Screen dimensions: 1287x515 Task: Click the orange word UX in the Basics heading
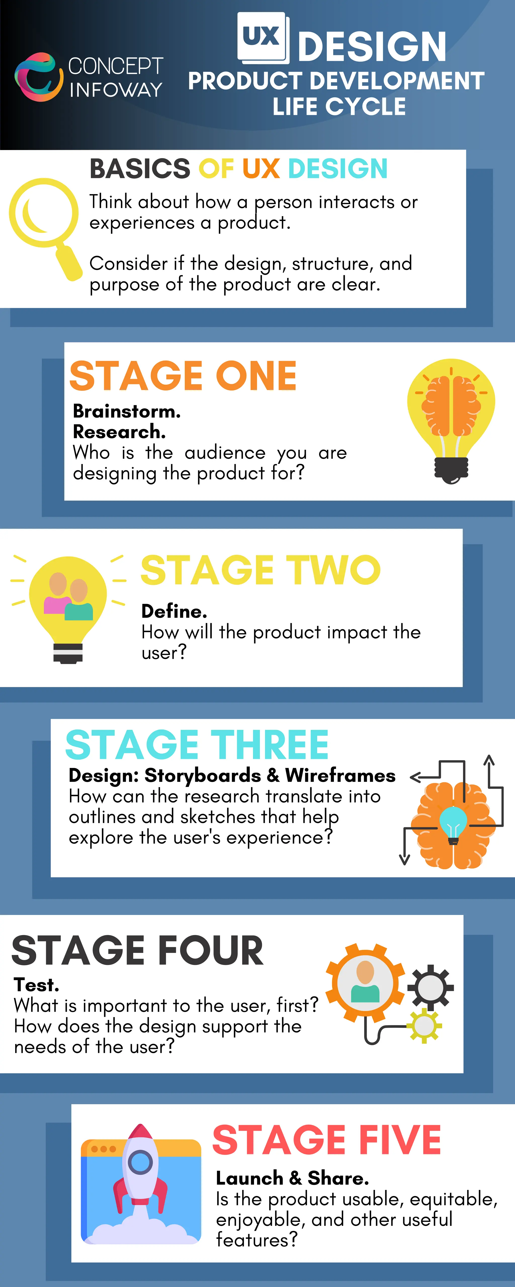261,169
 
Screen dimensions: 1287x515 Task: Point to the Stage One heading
183,376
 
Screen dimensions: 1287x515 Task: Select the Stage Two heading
261,570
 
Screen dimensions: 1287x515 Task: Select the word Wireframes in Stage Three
340,775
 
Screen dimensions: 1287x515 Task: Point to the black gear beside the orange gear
430,988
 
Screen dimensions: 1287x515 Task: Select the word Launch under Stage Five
249,1178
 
